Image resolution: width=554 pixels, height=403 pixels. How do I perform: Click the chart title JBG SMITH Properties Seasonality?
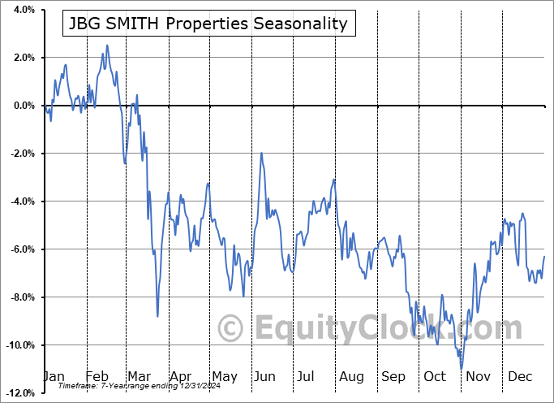pos(207,24)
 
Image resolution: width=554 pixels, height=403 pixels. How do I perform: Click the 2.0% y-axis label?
pos(23,58)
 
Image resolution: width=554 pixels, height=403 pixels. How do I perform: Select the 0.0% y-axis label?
pos(23,106)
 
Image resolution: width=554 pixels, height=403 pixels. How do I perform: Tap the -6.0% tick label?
pos(21,249)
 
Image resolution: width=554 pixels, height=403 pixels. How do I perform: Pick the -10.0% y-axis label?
pos(19,345)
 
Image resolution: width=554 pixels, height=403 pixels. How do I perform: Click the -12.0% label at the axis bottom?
pos(19,393)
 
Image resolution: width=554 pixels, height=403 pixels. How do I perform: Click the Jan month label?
pos(53,376)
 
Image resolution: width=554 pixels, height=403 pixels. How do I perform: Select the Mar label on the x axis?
pos(139,376)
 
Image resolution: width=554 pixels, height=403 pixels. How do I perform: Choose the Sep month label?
pos(393,376)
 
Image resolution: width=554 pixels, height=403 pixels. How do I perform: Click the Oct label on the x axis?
pos(435,376)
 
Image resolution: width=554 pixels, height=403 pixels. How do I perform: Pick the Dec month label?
pos(520,376)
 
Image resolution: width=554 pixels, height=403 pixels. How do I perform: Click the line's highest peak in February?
pos(107,45)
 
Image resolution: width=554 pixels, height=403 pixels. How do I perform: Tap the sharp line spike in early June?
pos(261,153)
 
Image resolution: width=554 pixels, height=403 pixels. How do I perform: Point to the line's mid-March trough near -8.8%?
pos(157,316)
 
